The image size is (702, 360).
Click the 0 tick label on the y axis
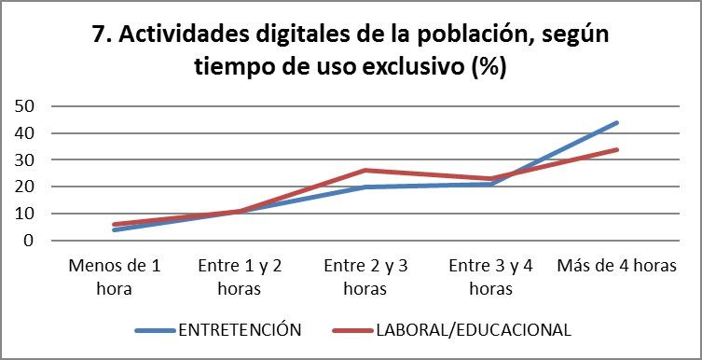coord(29,241)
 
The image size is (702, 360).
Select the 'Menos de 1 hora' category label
coord(115,276)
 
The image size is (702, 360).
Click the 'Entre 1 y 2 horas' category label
coord(241,276)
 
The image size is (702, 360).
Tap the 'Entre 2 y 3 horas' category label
coord(365,276)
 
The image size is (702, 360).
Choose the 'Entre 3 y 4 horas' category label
coord(490,276)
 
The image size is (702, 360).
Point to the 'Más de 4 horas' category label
coord(615,266)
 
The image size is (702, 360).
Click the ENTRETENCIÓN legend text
coord(240,329)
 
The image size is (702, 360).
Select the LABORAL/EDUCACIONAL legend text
coord(473,329)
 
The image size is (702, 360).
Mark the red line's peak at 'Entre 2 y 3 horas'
coord(365,170)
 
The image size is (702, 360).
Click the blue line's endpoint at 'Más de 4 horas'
coord(616,122)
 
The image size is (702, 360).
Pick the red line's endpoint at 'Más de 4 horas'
coord(616,149)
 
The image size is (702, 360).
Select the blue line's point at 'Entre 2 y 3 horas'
coord(365,187)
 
